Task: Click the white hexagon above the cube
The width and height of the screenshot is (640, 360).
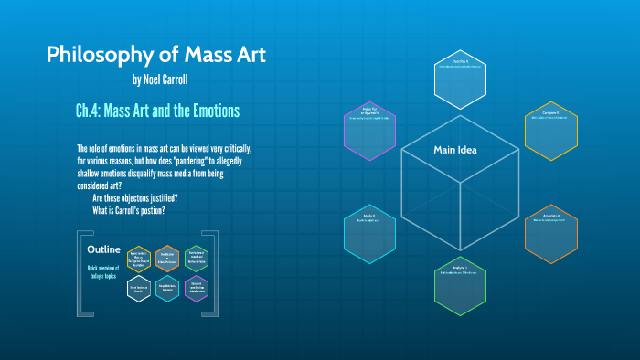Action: coord(460,78)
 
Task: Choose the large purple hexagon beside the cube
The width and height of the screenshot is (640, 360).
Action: coord(369,126)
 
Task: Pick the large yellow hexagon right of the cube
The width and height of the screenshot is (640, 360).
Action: coord(551,129)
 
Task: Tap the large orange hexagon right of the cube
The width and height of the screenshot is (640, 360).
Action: coord(551,233)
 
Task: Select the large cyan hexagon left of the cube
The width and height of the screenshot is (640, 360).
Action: coord(369,233)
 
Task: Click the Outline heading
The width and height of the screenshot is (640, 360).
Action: coord(103,249)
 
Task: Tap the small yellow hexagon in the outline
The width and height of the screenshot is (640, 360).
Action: coord(139,259)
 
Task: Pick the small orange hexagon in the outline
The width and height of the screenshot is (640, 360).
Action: coord(167,259)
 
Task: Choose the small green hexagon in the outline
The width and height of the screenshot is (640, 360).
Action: coord(197,259)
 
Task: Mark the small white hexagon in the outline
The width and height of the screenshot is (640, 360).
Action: coord(139,288)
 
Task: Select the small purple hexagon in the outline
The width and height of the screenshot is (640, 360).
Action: coord(197,288)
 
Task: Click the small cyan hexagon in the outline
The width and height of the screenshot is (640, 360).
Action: coord(167,288)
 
